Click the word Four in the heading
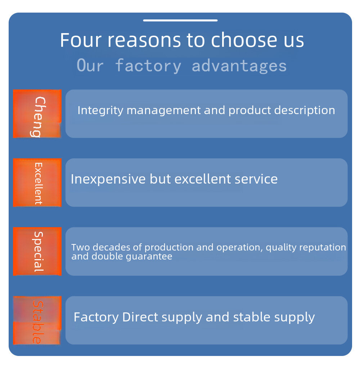81,40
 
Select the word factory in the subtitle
148,66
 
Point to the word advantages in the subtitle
239,66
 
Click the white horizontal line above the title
180,20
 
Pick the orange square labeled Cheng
37,114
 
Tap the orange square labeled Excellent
37,182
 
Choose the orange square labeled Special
37,251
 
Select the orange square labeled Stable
37,320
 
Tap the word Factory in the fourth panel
96,317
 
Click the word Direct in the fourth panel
140,317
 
